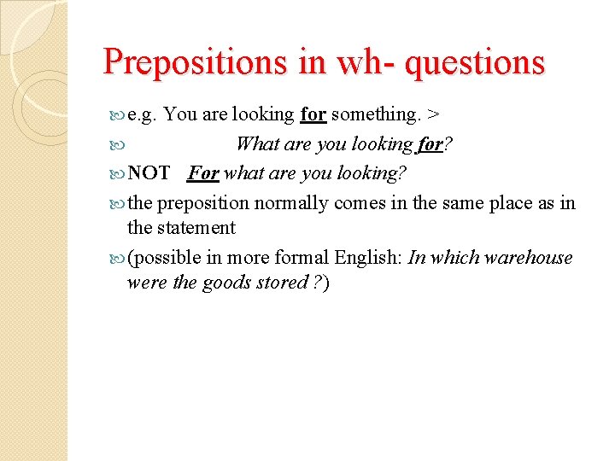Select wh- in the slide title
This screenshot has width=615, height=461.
[367, 62]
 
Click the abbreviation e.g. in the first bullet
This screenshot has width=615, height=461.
[142, 114]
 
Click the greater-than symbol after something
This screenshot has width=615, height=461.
[434, 114]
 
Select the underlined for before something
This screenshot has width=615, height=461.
[313, 114]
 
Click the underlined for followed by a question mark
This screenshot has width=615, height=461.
[430, 144]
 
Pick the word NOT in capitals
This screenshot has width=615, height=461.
[149, 173]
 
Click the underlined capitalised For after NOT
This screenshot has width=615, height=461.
[203, 173]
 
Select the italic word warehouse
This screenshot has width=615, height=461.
[530, 258]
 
